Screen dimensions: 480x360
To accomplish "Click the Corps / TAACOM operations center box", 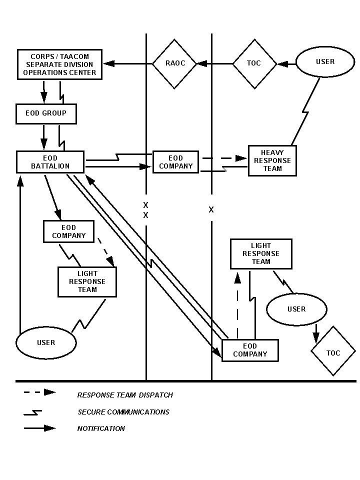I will coord(59,64).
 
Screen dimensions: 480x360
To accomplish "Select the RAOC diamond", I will coord(175,63).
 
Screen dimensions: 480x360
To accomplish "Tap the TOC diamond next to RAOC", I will coord(254,63).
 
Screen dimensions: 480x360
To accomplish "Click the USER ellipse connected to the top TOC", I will coord(325,62).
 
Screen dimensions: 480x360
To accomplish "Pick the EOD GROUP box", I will coord(46,113).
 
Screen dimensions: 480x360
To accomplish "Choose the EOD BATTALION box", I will coord(50,162).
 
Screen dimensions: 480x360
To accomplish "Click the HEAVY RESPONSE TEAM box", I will coord(272,161).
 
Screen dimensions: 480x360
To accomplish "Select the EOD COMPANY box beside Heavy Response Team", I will coord(175,162).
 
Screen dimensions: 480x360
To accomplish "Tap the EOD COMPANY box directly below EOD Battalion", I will coord(69,231).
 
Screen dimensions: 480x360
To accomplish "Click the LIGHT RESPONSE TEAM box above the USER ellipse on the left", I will coord(87,281).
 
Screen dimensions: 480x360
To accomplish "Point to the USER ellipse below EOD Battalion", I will coord(46,343).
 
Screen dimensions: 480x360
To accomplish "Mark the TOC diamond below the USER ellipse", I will coord(333,353).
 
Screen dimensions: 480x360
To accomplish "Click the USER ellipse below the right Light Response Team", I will coord(296,309).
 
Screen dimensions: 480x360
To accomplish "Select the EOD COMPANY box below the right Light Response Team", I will coord(250,350).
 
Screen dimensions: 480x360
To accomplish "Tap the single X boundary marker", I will coord(211,210).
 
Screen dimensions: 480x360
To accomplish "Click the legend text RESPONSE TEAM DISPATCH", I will coord(125,395).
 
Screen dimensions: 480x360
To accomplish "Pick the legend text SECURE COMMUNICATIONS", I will coord(123,412).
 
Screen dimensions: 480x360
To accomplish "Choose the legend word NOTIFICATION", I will coord(101,428).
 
